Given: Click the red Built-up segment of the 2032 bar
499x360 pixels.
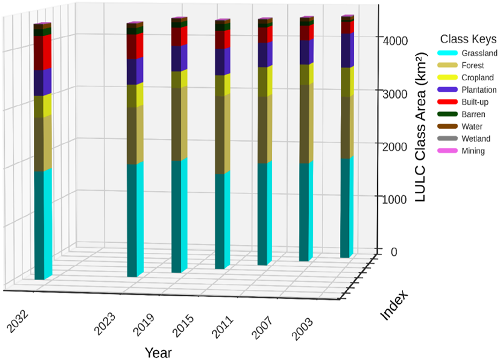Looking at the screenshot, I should click(x=42, y=52).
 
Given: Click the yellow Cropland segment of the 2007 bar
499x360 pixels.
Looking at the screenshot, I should click(x=265, y=81).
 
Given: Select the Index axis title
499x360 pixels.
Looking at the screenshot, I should click(x=395, y=306).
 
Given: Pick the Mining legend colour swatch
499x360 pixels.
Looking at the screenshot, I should click(x=447, y=151).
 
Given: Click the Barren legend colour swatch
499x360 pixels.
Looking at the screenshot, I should click(x=447, y=114).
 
